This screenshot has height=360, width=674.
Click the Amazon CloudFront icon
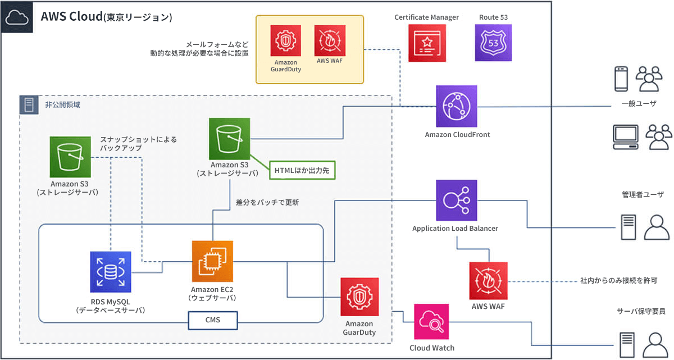click(x=457, y=106)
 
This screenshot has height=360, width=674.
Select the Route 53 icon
click(x=493, y=42)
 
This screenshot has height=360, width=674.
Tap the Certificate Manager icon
click(x=426, y=42)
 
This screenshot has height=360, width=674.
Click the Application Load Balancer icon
click(x=456, y=200)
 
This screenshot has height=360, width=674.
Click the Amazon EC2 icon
click(x=212, y=261)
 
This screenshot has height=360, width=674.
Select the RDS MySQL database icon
click(x=111, y=272)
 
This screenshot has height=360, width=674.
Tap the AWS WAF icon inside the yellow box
click(x=330, y=39)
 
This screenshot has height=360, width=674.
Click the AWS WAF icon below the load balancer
click(x=488, y=280)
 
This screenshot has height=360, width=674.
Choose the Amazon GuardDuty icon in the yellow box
click(x=286, y=40)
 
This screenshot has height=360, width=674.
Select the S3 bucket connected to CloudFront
click(x=229, y=138)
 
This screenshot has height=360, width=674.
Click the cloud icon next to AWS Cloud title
click(x=17, y=18)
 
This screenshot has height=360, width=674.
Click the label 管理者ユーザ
click(x=643, y=195)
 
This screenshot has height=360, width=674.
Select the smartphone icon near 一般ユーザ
click(x=621, y=79)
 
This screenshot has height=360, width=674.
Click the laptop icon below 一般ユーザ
click(x=625, y=137)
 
